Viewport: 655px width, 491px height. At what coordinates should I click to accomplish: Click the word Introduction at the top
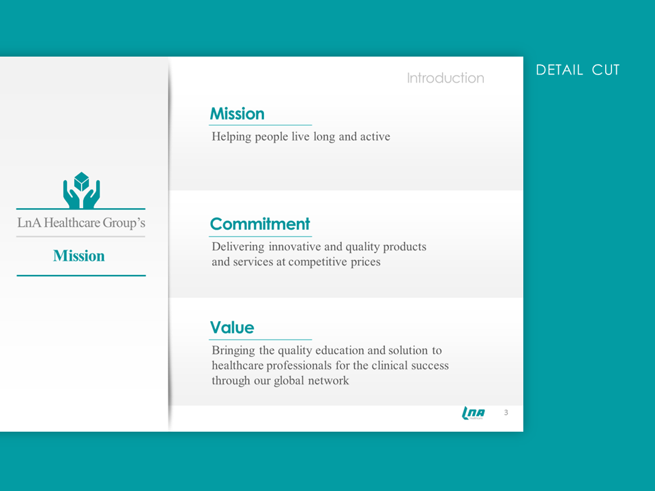point(446,78)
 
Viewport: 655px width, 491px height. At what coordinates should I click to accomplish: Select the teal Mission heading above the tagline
point(237,114)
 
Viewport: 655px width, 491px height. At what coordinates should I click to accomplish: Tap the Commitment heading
point(260,224)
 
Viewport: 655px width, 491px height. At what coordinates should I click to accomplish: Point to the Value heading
point(232,327)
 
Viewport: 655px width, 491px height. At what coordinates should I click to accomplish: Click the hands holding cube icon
point(81,190)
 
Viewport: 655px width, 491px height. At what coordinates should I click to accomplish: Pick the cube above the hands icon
point(81,181)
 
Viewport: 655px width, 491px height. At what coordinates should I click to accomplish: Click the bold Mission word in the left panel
point(79,256)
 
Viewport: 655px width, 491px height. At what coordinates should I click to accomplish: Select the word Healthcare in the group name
point(72,222)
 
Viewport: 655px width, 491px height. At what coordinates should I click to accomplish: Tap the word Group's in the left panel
point(124,223)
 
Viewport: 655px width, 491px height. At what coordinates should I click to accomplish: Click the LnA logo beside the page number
point(474,413)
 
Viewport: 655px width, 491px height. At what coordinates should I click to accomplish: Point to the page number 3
point(506,413)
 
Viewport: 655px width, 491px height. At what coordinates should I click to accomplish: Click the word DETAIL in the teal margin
point(559,70)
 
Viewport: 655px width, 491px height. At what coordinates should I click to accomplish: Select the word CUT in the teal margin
point(606,70)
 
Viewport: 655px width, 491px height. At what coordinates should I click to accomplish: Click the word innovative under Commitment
point(295,246)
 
